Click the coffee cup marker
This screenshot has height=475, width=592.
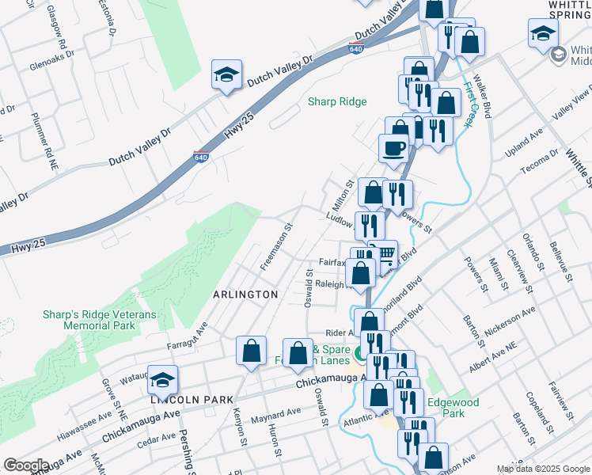pos(393,147)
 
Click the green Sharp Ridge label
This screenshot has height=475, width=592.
pos(337,101)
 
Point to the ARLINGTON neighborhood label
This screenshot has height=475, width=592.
pos(245,294)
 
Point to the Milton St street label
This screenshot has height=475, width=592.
pos(343,195)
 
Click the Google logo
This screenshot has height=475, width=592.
pos(26,465)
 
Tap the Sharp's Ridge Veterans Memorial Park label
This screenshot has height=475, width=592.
pos(101,320)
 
